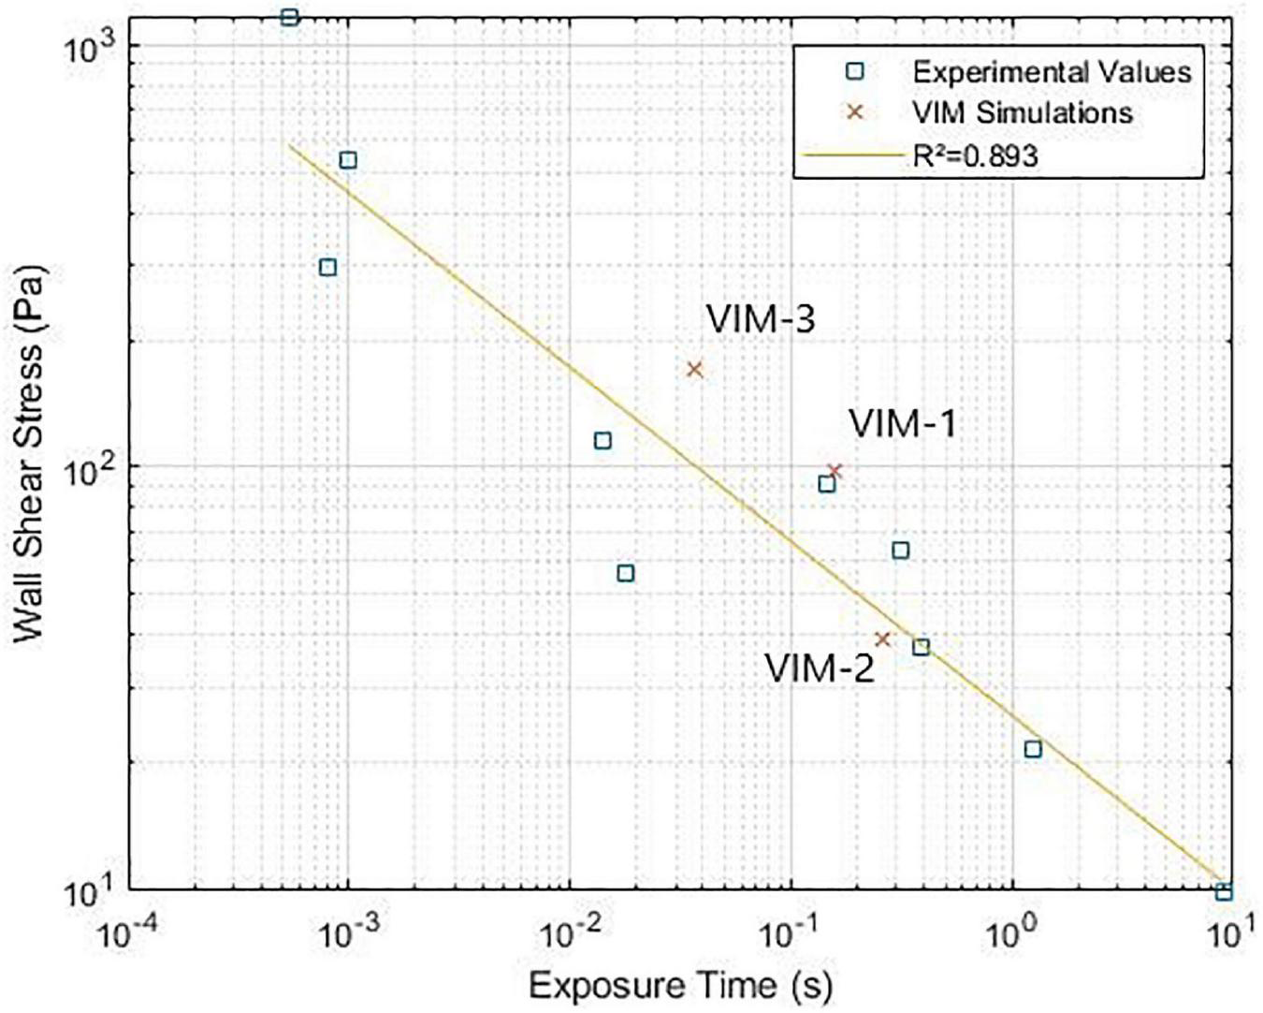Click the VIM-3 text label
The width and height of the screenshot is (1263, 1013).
(x=760, y=319)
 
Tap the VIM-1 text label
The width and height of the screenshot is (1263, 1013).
(x=902, y=424)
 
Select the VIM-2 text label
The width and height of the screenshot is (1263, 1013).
(x=820, y=668)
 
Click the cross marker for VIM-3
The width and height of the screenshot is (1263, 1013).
(x=694, y=370)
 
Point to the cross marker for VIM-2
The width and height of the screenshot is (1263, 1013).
(x=881, y=639)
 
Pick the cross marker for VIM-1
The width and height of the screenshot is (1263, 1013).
(x=835, y=471)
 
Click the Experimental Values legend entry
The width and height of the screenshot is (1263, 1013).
(x=1052, y=72)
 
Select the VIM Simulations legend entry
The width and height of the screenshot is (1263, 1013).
(x=1022, y=113)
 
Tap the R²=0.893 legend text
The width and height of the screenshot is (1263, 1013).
(x=975, y=155)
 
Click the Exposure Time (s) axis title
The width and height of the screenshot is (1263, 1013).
(x=680, y=985)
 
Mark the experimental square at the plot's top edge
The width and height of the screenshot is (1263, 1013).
(x=290, y=17)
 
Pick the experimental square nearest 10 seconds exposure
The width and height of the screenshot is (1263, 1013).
(x=1223, y=892)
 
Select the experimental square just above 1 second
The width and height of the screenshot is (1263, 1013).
(x=1033, y=749)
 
